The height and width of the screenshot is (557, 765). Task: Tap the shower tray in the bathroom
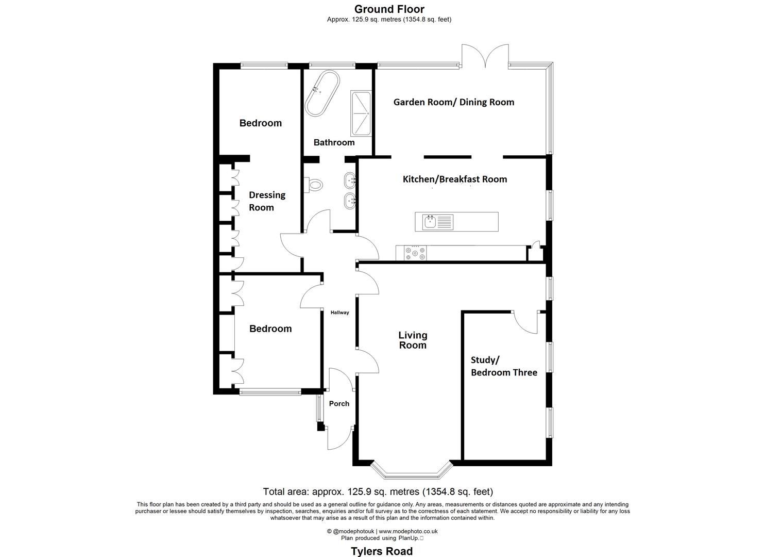pos(361,113)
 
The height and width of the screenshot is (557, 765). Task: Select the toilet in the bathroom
pos(314,184)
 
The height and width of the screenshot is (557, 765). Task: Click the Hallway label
pos(339,313)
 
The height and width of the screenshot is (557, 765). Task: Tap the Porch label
pos(339,404)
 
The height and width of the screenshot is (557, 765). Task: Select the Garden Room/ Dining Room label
pos(453,102)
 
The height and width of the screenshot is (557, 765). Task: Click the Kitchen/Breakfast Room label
pos(454,179)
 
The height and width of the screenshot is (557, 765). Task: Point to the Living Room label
pos(413,340)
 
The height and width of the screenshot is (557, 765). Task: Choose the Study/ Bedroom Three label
pos(503,366)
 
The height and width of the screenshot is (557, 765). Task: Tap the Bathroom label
pos(334,142)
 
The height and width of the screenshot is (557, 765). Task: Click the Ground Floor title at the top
pos(389,9)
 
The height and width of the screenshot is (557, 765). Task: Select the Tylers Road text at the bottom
pos(382,551)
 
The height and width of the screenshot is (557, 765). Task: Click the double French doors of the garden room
pos(485,57)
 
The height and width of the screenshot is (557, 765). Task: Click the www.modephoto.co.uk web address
pos(408,531)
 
